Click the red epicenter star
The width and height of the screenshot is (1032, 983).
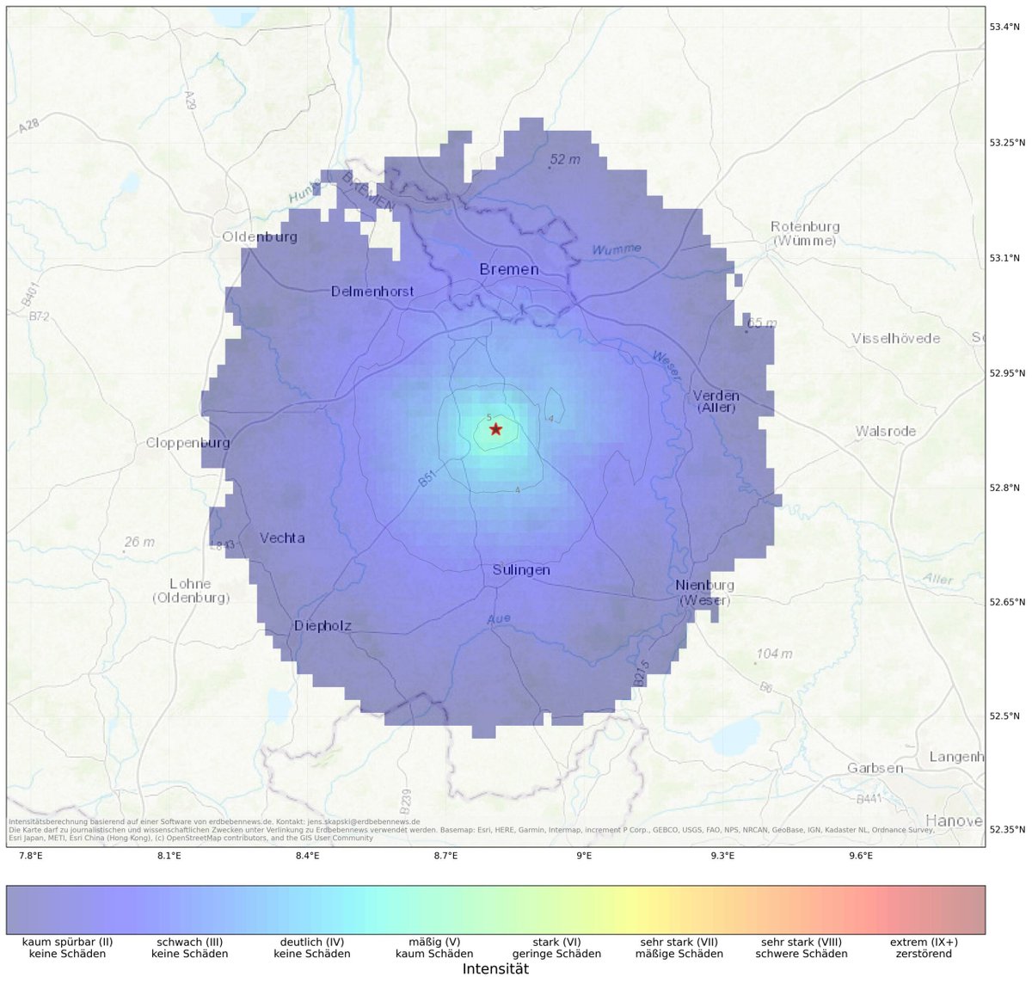click(x=495, y=428)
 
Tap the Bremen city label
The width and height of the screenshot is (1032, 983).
click(x=509, y=270)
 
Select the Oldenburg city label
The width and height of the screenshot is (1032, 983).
click(x=260, y=237)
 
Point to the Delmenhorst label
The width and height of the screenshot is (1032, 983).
click(x=372, y=292)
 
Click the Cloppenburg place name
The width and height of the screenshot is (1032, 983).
click(x=188, y=443)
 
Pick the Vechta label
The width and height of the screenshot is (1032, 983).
click(x=282, y=538)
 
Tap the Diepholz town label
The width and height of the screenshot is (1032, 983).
click(x=322, y=626)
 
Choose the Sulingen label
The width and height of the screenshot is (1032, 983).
click(x=521, y=570)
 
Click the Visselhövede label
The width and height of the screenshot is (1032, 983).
click(x=895, y=338)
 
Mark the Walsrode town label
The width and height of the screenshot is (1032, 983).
click(x=886, y=431)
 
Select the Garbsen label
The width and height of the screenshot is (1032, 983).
click(x=875, y=768)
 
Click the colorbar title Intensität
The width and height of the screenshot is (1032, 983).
click(x=495, y=969)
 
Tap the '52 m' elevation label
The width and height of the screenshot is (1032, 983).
click(x=565, y=160)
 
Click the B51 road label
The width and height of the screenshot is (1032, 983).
click(x=428, y=479)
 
